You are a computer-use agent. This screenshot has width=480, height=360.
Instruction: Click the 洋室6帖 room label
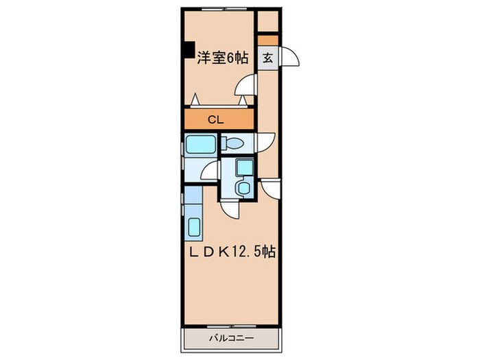pos(223,59)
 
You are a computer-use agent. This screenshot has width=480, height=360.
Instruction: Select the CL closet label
pos(215,119)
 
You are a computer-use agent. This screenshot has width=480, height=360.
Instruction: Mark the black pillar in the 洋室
pos(187,51)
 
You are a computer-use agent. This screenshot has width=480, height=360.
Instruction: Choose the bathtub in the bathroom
pos(200,145)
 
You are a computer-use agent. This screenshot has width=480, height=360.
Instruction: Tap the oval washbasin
pos(243,187)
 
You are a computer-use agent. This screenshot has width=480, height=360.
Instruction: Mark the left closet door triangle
pos(195,100)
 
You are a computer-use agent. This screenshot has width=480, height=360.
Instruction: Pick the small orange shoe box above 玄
pos(268,39)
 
